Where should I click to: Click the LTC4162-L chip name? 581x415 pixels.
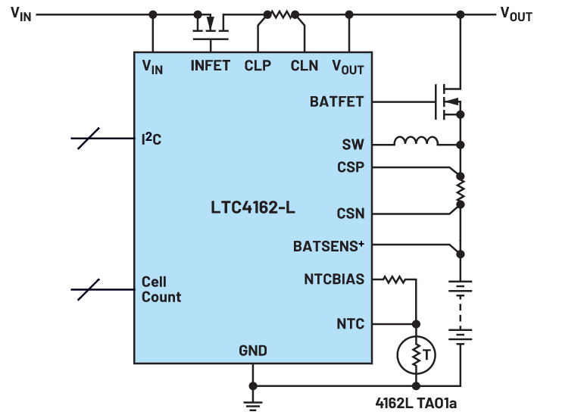tap(253, 207)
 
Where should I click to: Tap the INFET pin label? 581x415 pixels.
tap(210, 66)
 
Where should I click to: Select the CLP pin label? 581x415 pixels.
tap(258, 66)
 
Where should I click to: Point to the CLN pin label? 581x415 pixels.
tap(305, 66)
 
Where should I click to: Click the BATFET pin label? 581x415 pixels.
tap(336, 101)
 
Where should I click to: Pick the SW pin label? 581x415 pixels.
tap(353, 145)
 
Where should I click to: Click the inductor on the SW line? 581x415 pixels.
tap(416, 141)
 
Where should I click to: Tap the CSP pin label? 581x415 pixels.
tap(351, 167)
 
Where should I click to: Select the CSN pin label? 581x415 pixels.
tap(351, 214)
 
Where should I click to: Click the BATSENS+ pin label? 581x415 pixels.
tap(328, 246)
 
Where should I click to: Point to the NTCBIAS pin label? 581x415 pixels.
tap(334, 279)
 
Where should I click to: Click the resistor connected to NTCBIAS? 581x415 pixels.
tap(394, 279)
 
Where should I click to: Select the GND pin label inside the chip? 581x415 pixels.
tap(253, 351)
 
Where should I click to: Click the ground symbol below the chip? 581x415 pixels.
tap(253, 405)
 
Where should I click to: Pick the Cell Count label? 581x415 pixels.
tap(161, 289)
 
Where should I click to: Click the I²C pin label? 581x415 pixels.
tap(151, 139)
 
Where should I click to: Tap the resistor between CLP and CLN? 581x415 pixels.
tap(281, 15)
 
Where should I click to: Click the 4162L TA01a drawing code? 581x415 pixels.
tap(416, 403)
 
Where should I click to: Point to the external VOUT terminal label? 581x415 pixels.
tap(516, 14)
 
